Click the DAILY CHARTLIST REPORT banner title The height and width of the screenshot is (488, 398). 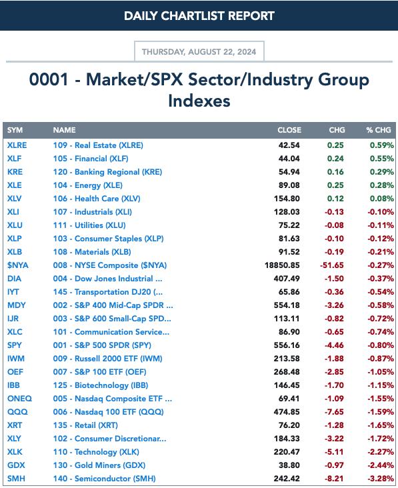point(199,15)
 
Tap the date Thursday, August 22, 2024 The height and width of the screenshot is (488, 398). point(199,51)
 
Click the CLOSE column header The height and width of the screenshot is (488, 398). point(289,130)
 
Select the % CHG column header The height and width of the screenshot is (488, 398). point(379,130)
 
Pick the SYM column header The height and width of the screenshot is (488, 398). point(15,130)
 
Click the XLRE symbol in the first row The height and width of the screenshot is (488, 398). point(17,145)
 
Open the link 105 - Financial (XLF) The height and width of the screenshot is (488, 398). point(91,159)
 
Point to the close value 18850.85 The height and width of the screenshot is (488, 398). point(282,265)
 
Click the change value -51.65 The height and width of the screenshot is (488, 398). point(332,265)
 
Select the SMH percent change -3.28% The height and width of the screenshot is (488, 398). point(381,479)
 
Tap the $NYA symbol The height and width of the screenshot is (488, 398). point(18,265)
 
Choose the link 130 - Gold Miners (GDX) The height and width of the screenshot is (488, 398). point(99,465)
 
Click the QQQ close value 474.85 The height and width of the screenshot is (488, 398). point(287,412)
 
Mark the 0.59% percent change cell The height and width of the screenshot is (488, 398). point(382,145)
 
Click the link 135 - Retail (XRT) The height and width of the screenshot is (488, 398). point(85,425)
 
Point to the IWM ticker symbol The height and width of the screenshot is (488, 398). point(16,359)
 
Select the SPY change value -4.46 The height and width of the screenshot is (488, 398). point(334,345)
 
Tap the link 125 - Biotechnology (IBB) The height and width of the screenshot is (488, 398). point(101,385)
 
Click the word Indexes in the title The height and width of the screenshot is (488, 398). point(199,101)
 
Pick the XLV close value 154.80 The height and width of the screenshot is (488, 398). point(287,199)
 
